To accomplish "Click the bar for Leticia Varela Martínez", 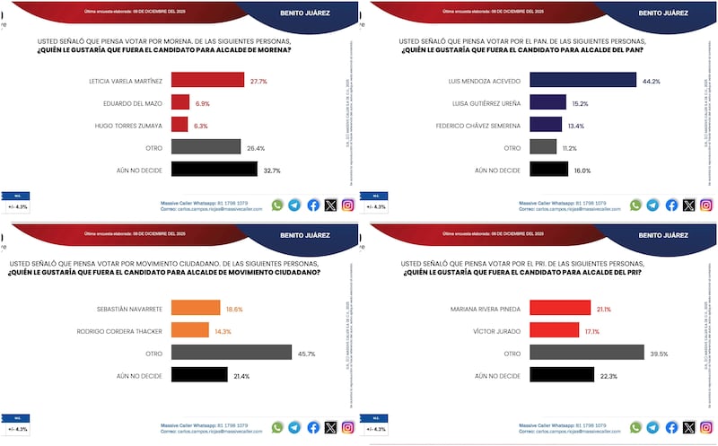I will tap(206, 81).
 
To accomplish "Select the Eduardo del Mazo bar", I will tap(179, 103).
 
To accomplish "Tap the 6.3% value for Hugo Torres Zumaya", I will tap(200, 126).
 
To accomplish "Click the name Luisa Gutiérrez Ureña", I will tap(485, 103).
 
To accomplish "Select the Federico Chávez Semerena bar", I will tap(546, 125).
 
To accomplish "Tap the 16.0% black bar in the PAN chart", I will tap(548, 169).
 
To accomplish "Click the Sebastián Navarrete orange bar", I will tap(195, 310).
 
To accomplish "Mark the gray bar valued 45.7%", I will tap(231, 354).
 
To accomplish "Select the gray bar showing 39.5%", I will tap(587, 354).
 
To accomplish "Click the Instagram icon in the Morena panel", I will tap(347, 205).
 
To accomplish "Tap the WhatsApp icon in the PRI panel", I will tap(635, 428).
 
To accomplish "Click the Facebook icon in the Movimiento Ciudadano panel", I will tap(313, 428).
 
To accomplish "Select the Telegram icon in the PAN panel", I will tap(653, 205).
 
